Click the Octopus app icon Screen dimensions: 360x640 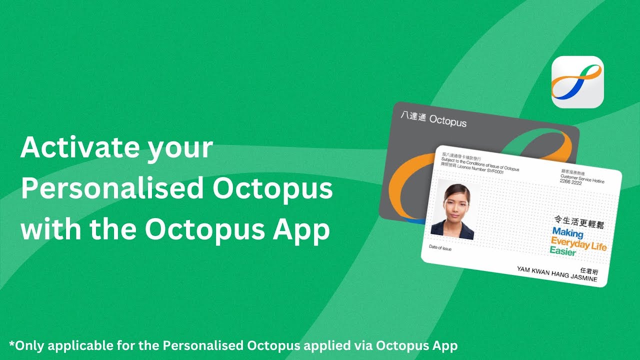(x=577, y=82)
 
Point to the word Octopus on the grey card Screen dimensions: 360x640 (x=448, y=121)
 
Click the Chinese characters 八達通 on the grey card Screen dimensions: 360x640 (x=413, y=118)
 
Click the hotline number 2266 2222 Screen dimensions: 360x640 (x=571, y=183)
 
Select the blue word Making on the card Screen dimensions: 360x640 (x=567, y=233)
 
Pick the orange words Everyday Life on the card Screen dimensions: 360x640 (x=578, y=244)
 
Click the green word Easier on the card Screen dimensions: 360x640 (x=563, y=251)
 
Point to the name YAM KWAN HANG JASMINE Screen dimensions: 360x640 (x=557, y=274)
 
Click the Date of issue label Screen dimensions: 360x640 (x=440, y=248)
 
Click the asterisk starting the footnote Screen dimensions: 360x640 (x=12, y=345)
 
